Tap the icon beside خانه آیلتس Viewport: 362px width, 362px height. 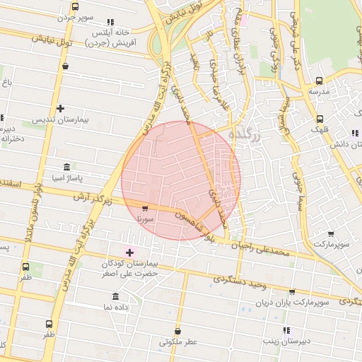tap(109, 23)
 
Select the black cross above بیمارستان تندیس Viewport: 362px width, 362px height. tap(61, 108)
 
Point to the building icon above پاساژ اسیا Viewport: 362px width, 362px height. tap(66, 167)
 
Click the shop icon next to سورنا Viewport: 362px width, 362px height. tap(145, 209)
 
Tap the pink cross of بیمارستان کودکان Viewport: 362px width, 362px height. tap(129, 252)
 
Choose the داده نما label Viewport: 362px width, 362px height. tap(117, 308)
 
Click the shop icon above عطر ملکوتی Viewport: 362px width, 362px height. tap(177, 331)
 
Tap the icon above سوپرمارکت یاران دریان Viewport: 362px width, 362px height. tap(292, 291)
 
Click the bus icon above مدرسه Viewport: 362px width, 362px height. tap(319, 81)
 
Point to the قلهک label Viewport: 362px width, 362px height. tap(322, 129)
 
